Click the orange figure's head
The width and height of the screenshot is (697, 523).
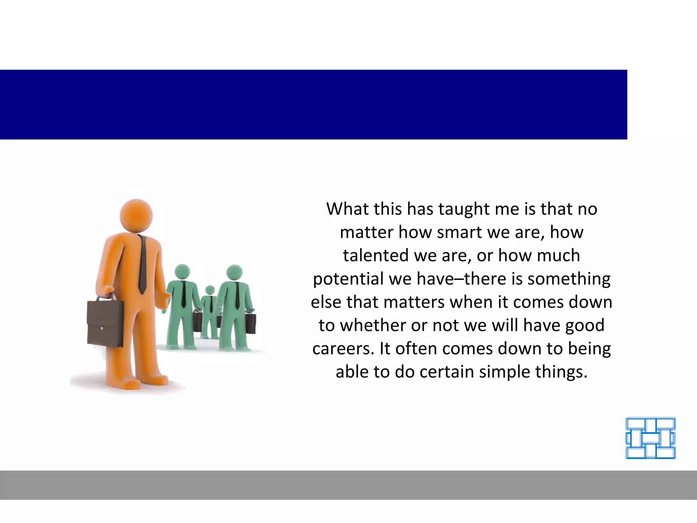click(x=136, y=216)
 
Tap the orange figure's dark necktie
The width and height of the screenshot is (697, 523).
click(x=142, y=266)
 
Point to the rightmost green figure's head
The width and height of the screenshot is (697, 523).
click(x=234, y=273)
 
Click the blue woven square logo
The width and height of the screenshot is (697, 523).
click(x=650, y=438)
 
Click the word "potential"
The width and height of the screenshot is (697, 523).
click(x=348, y=279)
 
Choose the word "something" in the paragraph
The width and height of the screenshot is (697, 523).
click(x=569, y=279)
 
